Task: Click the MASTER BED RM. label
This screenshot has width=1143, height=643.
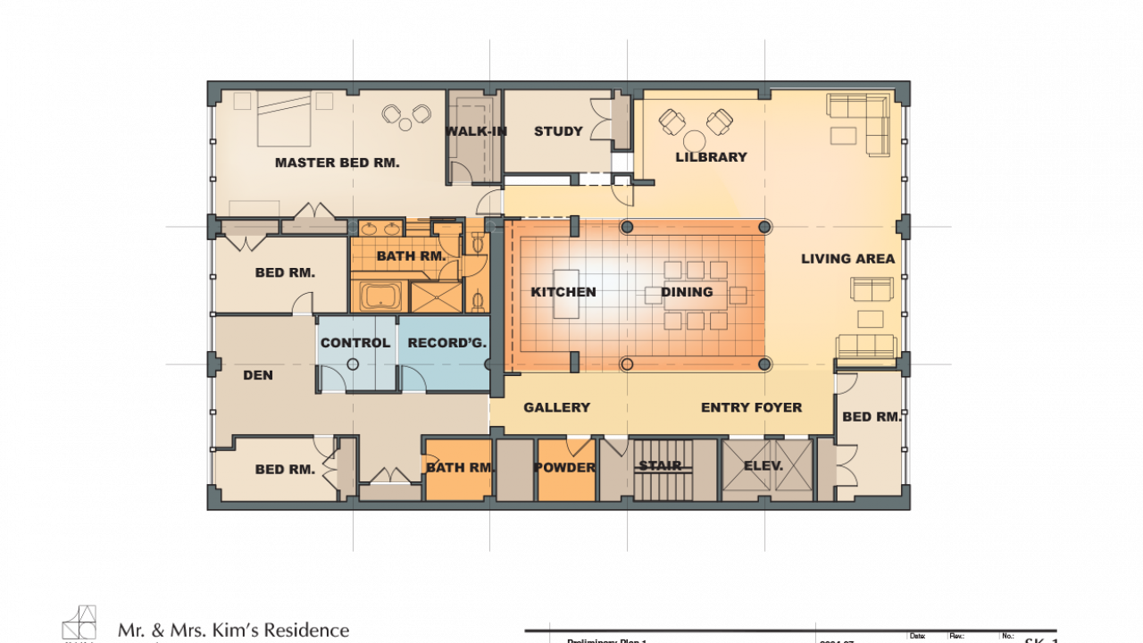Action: (337, 163)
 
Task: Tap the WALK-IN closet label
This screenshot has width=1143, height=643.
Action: (476, 131)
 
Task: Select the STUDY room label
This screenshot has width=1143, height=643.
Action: (558, 131)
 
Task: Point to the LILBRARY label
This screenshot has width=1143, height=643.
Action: (711, 157)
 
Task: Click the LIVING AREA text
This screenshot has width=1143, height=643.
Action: (847, 259)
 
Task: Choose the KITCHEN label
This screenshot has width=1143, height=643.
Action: (563, 292)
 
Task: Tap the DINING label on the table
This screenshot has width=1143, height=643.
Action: (687, 292)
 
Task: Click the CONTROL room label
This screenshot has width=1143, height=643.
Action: (355, 343)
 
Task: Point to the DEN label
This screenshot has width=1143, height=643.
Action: (258, 375)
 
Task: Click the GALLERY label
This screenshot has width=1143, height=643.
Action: (556, 407)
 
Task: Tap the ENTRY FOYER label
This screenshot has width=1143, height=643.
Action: (751, 407)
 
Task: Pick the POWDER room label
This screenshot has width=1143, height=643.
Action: (564, 468)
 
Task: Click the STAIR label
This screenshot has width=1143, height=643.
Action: (660, 466)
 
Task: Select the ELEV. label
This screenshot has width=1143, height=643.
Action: (763, 466)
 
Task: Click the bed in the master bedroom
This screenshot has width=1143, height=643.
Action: (284, 118)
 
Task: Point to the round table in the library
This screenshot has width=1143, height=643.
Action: (695, 141)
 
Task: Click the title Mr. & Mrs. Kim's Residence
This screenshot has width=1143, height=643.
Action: (233, 630)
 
